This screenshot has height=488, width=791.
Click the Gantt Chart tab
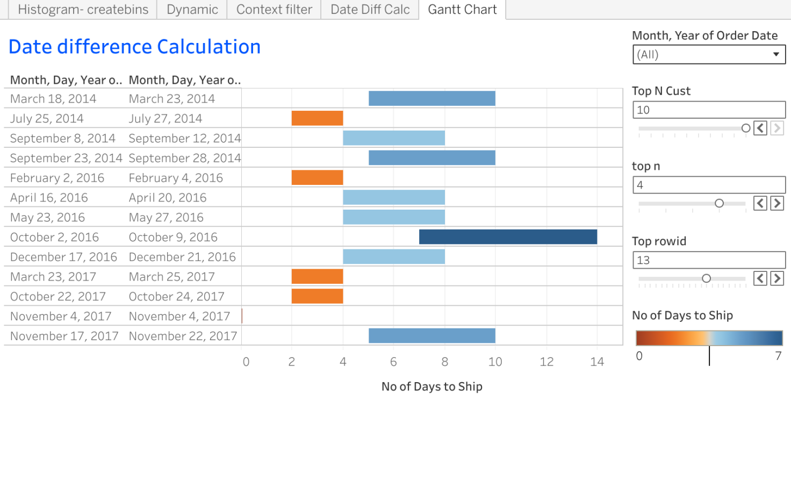[462, 10]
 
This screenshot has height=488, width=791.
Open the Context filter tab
[274, 10]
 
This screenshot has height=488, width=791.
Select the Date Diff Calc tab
[370, 10]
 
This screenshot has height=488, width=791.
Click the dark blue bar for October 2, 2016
[508, 237]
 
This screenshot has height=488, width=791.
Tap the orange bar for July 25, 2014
[317, 118]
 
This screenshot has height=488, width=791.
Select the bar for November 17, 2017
[432, 336]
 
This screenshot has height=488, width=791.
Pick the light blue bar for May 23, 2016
[393, 217]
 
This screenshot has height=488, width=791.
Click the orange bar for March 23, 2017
[317, 277]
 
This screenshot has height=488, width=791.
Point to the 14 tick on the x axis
[597, 362]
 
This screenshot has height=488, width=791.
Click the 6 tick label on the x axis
[393, 362]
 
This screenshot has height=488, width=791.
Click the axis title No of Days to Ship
[432, 386]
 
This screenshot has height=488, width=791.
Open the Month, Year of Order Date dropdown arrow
[776, 54]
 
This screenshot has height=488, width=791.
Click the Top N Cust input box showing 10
[709, 110]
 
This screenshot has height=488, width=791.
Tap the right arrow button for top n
[777, 203]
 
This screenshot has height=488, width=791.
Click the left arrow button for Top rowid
[760, 278]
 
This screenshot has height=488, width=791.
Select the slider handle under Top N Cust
[746, 128]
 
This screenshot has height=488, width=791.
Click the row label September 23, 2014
[66, 158]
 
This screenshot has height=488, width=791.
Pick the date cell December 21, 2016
[182, 257]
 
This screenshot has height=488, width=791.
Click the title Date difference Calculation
[134, 47]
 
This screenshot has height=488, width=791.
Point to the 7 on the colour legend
[778, 356]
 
